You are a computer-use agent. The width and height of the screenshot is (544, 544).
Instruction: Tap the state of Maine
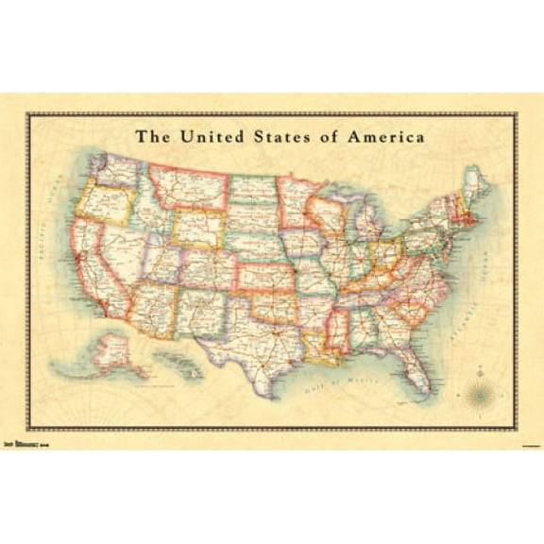[x=475, y=184]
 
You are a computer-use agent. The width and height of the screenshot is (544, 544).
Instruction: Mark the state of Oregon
[x=103, y=204]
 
